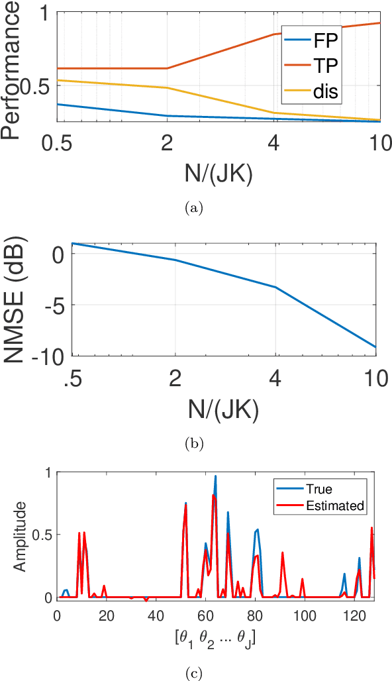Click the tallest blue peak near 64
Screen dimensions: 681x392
coord(215,476)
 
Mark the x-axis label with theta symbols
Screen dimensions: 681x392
coord(216,640)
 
